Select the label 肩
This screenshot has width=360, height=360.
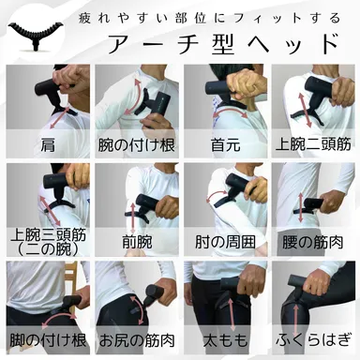[46, 144]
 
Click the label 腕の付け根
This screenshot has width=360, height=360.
[135, 144]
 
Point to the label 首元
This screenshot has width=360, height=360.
[224, 144]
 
